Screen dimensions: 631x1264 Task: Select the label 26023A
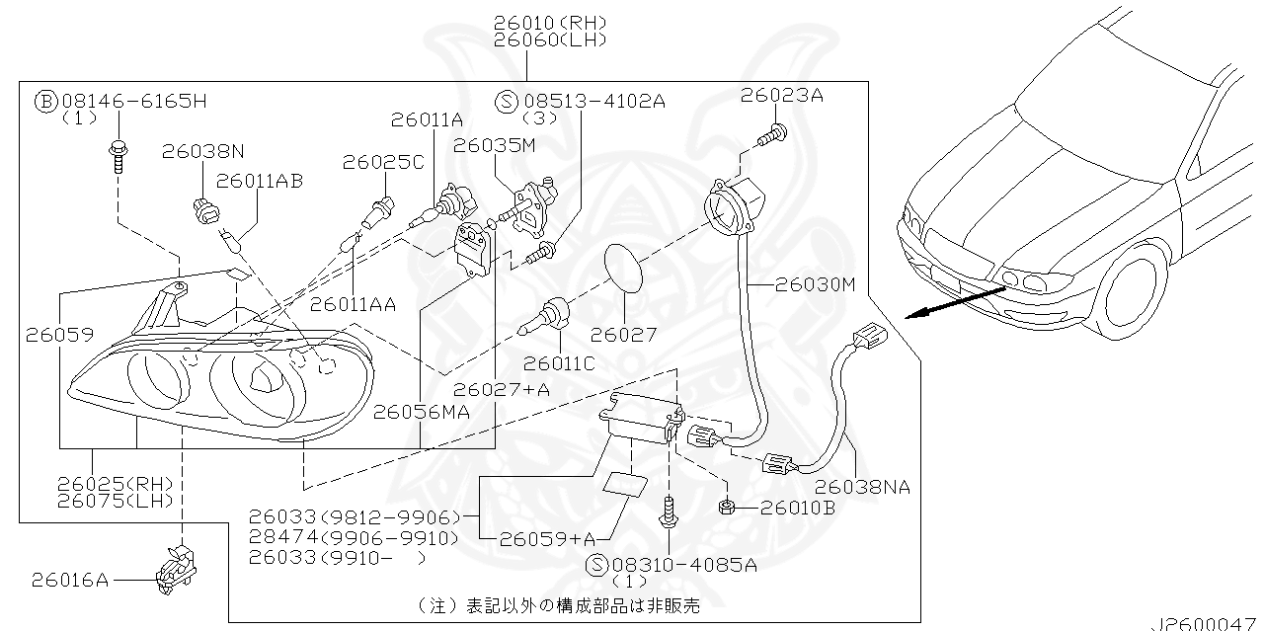tap(782, 96)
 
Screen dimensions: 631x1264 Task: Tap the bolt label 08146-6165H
tap(133, 101)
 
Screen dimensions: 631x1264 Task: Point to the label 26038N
tap(203, 151)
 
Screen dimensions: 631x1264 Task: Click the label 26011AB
tap(259, 181)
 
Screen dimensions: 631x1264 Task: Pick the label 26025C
tap(383, 162)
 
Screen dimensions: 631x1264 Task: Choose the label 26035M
tap(495, 145)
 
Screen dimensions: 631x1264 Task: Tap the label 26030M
tap(815, 284)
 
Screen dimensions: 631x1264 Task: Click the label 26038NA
tap(863, 487)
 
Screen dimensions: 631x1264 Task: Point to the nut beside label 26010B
tap(726, 508)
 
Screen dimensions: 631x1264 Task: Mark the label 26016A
tap(69, 579)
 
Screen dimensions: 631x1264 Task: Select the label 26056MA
tap(421, 412)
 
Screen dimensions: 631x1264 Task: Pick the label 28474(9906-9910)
tap(354, 537)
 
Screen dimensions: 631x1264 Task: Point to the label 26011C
tap(559, 363)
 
